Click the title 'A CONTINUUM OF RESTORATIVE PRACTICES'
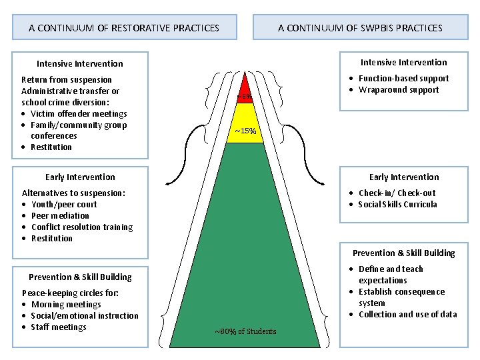pyautogui.click(x=124, y=28)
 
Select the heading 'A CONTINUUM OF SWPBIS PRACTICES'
pyautogui.click(x=360, y=28)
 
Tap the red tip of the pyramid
pyautogui.click(x=245, y=90)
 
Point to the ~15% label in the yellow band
pyautogui.click(x=245, y=131)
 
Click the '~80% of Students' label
pyautogui.click(x=245, y=331)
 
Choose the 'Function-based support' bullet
pyautogui.click(x=403, y=78)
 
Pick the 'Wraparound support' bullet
pyautogui.click(x=399, y=89)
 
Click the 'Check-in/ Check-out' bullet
pyautogui.click(x=397, y=193)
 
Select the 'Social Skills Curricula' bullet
pyautogui.click(x=397, y=204)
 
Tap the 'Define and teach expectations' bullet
pyautogui.click(x=391, y=275)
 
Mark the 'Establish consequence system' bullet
pyautogui.click(x=401, y=297)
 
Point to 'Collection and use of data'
pyautogui.click(x=407, y=314)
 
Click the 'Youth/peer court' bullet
pyautogui.click(x=64, y=204)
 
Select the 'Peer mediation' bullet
pyautogui.click(x=60, y=215)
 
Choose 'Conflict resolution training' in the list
pyautogui.click(x=82, y=227)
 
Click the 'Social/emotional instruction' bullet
pyautogui.click(x=85, y=315)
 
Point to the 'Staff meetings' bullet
pyautogui.click(x=59, y=327)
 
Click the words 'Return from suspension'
pyautogui.click(x=67, y=79)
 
